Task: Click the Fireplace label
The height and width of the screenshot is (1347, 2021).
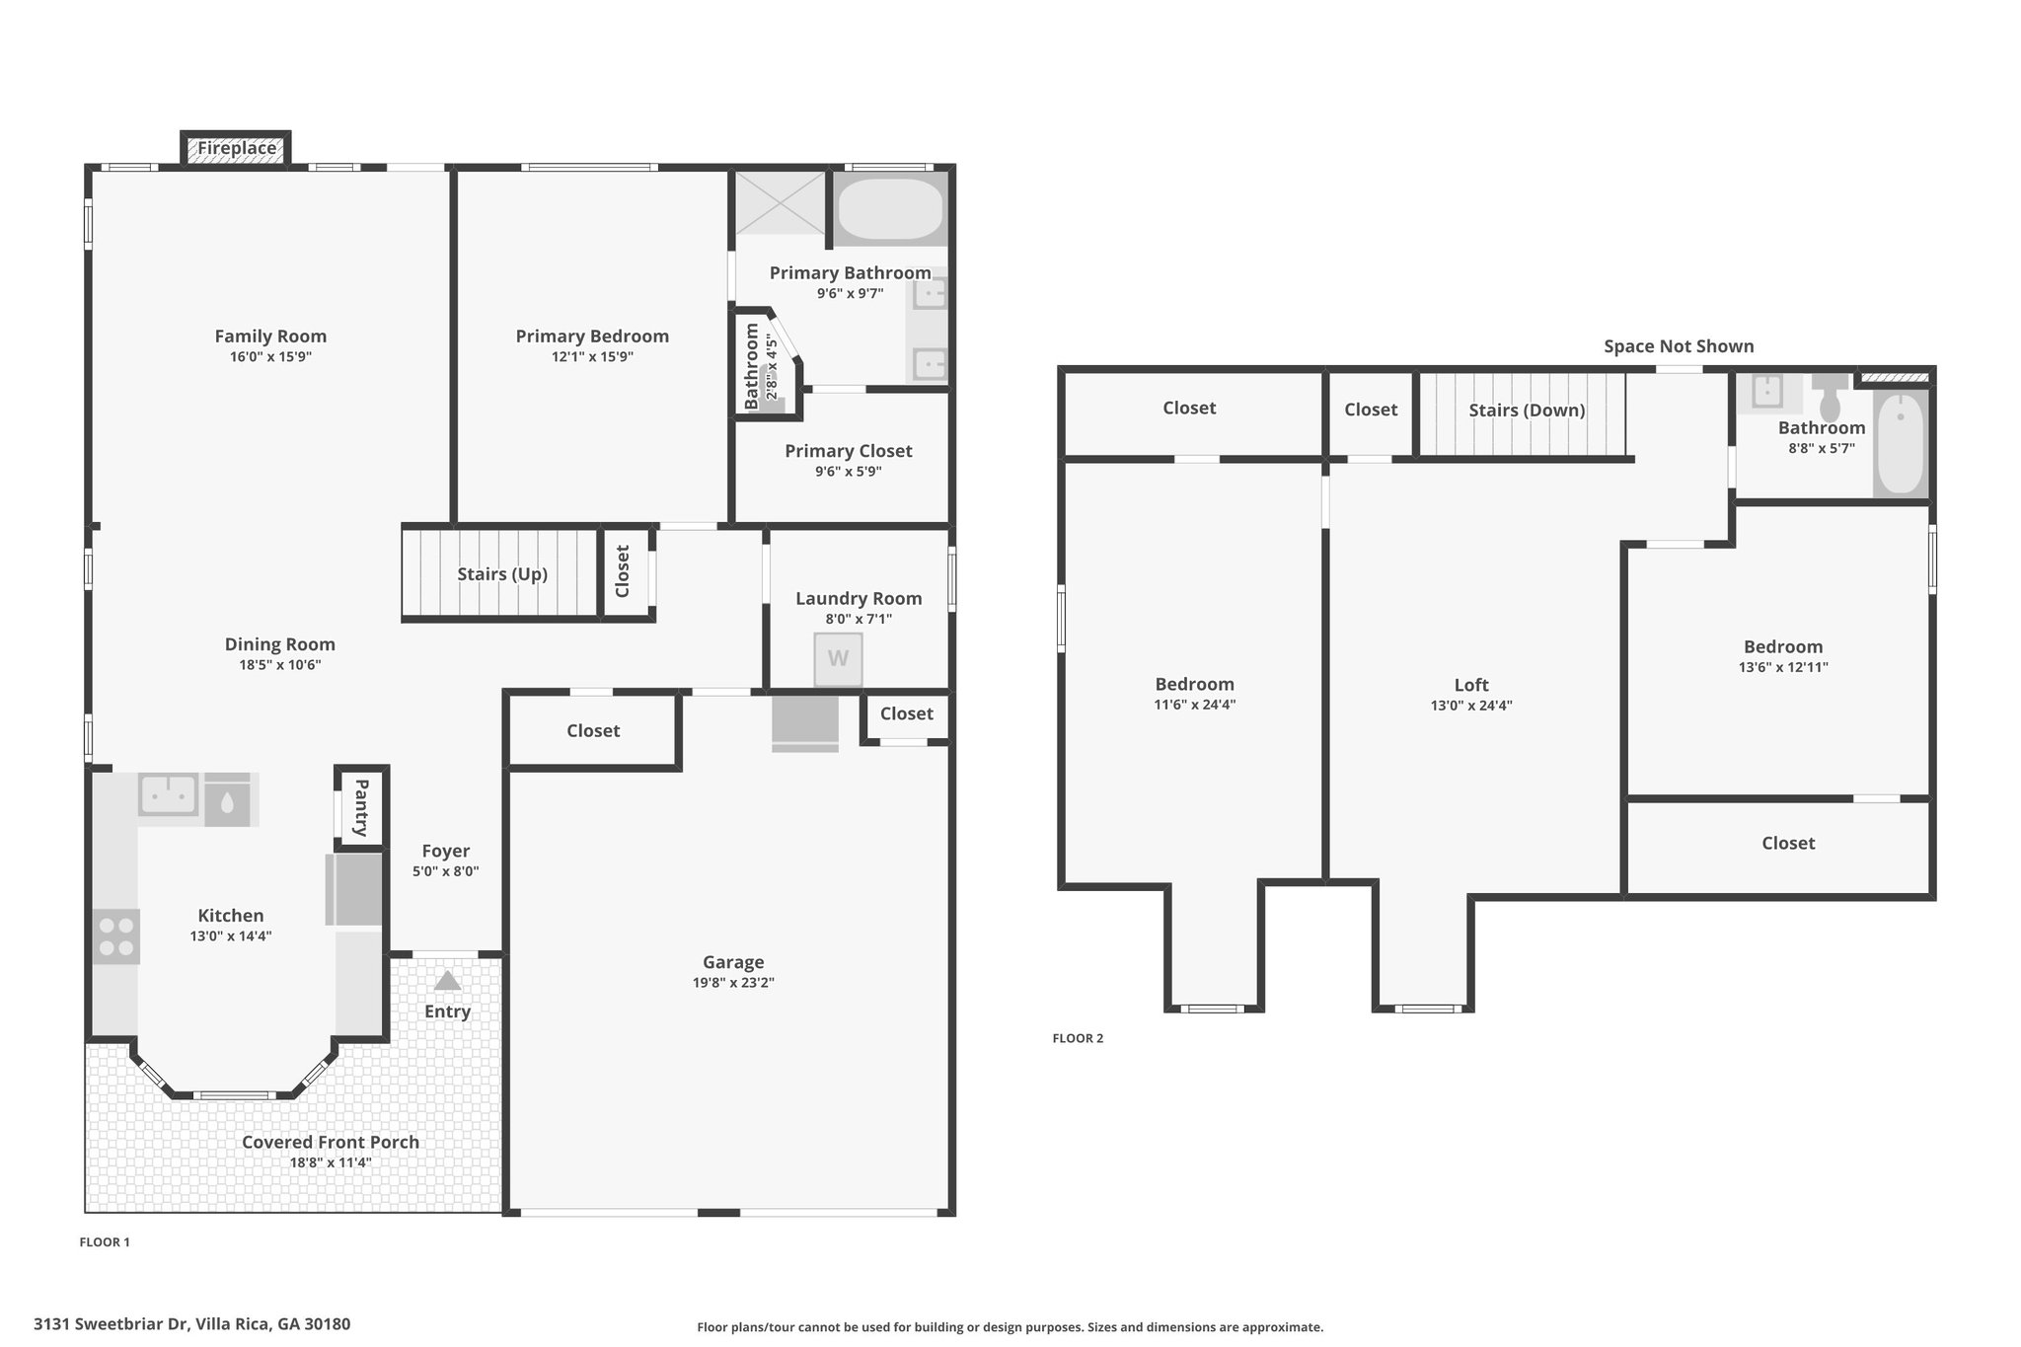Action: click(237, 148)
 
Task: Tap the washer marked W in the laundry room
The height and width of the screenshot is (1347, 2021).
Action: click(838, 659)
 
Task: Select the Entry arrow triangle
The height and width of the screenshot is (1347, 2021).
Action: click(447, 980)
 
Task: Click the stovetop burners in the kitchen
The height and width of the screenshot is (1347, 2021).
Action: click(116, 936)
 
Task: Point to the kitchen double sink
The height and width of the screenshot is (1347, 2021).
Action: click(168, 794)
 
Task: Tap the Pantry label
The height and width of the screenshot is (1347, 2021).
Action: click(361, 807)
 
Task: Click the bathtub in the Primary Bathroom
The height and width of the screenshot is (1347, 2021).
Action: click(890, 209)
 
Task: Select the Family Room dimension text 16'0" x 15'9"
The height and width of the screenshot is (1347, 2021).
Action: click(270, 357)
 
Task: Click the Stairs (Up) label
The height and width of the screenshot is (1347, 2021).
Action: click(502, 574)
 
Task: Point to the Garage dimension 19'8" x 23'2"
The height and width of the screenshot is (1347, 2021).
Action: click(733, 983)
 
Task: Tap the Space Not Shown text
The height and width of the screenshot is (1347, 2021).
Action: click(1679, 346)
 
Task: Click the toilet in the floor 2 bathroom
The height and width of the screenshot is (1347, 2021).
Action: click(1830, 397)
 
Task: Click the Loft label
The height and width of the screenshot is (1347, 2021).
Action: click(1471, 685)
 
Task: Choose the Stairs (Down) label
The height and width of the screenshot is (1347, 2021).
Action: click(1527, 411)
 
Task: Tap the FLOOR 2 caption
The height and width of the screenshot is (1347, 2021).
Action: click(1078, 1038)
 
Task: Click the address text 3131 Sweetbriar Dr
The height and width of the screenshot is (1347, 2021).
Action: click(111, 1324)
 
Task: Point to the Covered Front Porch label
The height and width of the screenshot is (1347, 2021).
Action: click(331, 1142)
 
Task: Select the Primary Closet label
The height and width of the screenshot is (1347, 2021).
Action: click(849, 451)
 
